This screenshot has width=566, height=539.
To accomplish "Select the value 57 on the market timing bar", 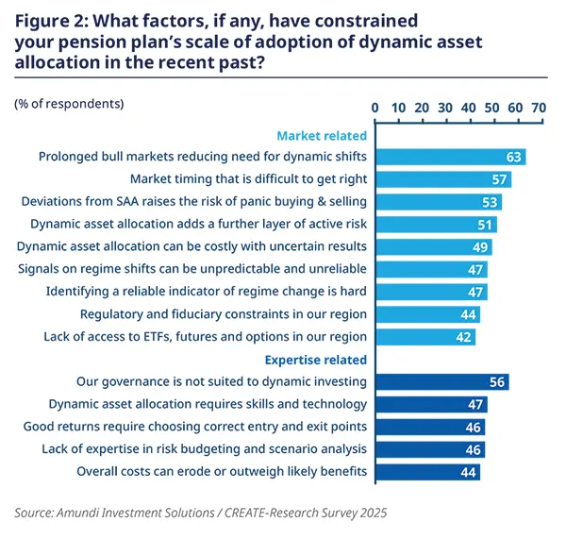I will tap(499, 179).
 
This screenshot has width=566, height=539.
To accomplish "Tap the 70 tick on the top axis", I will tap(539, 108).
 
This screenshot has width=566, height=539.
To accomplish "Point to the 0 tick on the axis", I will tap(375, 108).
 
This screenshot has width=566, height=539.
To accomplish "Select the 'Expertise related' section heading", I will tap(317, 360).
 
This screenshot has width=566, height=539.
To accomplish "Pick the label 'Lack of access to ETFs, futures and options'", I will tap(205, 336).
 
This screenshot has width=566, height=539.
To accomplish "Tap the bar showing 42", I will tap(424, 337).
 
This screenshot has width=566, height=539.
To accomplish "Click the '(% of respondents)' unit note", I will tap(69, 102).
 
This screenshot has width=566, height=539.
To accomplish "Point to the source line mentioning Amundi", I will tap(200, 513).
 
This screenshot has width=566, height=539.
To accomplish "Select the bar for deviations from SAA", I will tap(438, 202).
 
